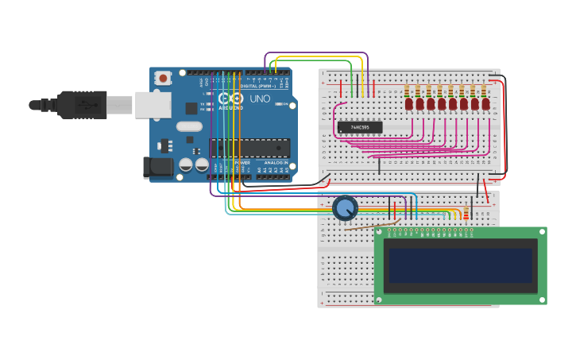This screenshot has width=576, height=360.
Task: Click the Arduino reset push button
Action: pyautogui.click(x=163, y=78)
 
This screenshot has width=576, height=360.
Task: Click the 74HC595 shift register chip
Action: pyautogui.click(x=360, y=127)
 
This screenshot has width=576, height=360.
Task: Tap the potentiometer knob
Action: pyautogui.click(x=345, y=208)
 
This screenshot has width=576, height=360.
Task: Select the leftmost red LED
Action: pyautogui.click(x=408, y=103)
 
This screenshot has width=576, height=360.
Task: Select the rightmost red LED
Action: pyautogui.click(x=485, y=103)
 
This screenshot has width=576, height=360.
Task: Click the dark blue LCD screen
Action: pyautogui.click(x=458, y=265)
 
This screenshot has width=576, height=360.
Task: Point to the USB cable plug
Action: pyautogui.click(x=80, y=104)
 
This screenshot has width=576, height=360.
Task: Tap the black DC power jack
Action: pyautogui.click(x=157, y=167)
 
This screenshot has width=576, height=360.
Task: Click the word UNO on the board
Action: pyautogui.click(x=260, y=99)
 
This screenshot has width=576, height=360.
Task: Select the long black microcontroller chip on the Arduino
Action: pyautogui.click(x=246, y=147)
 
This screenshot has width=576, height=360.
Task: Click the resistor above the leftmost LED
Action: pyautogui.click(x=408, y=90)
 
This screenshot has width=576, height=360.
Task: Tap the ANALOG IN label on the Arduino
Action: pyautogui.click(x=276, y=162)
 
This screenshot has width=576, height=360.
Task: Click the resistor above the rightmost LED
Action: pyautogui.click(x=485, y=90)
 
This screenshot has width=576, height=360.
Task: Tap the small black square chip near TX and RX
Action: pyautogui.click(x=191, y=107)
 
